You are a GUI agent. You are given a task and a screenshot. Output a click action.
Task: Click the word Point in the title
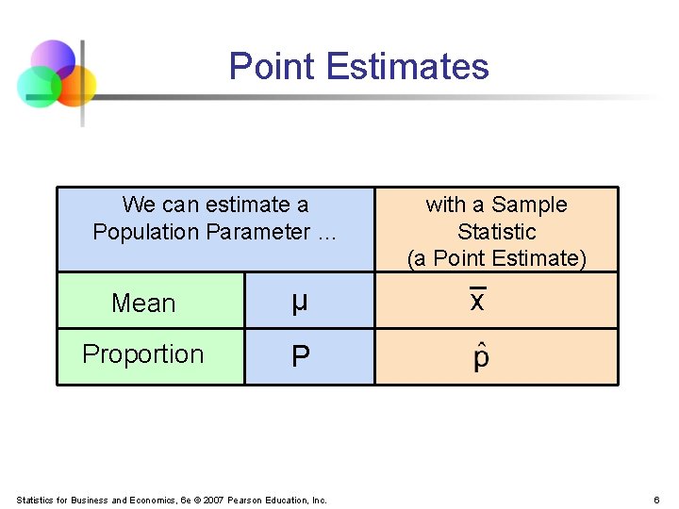coord(272,67)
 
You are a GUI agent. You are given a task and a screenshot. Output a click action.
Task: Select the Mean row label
coord(143,304)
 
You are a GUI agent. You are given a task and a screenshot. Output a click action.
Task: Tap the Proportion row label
coord(143,354)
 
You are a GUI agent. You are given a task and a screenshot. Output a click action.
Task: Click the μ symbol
coord(299,303)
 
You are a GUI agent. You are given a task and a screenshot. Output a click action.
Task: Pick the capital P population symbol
coord(300,356)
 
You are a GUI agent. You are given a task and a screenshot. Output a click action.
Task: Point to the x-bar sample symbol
coord(477,301)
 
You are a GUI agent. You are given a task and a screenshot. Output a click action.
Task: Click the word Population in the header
coord(145,232)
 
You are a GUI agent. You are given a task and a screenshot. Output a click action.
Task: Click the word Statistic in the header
coord(496,232)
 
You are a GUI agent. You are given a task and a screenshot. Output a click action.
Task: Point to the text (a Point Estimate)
coord(496,258)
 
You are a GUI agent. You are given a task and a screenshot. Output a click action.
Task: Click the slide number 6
coord(655,500)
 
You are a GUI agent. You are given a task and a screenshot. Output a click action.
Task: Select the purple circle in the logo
coord(53,59)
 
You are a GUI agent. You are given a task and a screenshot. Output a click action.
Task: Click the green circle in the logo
coord(38,87)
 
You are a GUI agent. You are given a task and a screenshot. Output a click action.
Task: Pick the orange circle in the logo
coord(75,85)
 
